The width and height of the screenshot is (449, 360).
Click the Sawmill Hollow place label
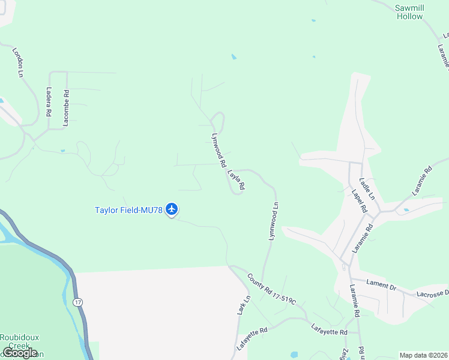[409, 12]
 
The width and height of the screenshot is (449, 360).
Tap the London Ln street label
[17, 61]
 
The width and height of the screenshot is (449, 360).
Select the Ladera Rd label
[49, 102]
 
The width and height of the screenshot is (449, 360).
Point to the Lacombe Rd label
[66, 109]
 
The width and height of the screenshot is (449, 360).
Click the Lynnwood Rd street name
[218, 149]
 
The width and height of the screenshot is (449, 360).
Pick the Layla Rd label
[236, 180]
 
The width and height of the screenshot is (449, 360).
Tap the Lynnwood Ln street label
[274, 221]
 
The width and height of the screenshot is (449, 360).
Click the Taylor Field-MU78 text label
[129, 210]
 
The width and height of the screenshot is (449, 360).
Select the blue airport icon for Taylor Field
[172, 209]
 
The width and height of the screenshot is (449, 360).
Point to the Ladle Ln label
[366, 188]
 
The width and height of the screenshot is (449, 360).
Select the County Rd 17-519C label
[272, 289]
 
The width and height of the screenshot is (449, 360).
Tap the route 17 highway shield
[78, 302]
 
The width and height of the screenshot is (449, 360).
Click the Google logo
[20, 353]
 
